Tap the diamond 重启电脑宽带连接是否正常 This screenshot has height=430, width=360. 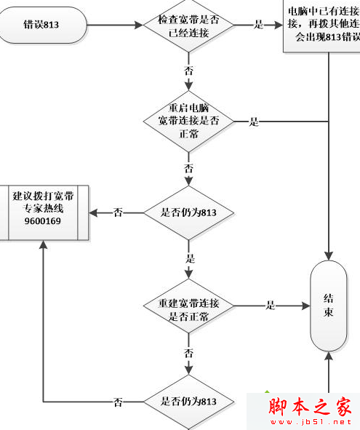click(x=188, y=121)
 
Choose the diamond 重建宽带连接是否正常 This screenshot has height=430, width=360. click(x=188, y=306)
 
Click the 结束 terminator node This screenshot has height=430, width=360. click(x=329, y=305)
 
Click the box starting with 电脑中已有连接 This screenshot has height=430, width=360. click(x=320, y=25)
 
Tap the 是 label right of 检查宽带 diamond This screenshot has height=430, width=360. click(x=258, y=25)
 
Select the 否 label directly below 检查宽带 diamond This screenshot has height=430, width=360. click(x=189, y=71)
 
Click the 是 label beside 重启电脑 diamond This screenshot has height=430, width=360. click(x=254, y=122)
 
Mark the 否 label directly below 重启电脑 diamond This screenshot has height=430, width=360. click(x=189, y=167)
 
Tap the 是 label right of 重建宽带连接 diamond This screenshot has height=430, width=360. click(x=271, y=306)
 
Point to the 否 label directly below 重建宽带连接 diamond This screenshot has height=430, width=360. click(x=189, y=353)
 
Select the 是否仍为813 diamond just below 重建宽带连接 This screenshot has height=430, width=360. click(x=188, y=401)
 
